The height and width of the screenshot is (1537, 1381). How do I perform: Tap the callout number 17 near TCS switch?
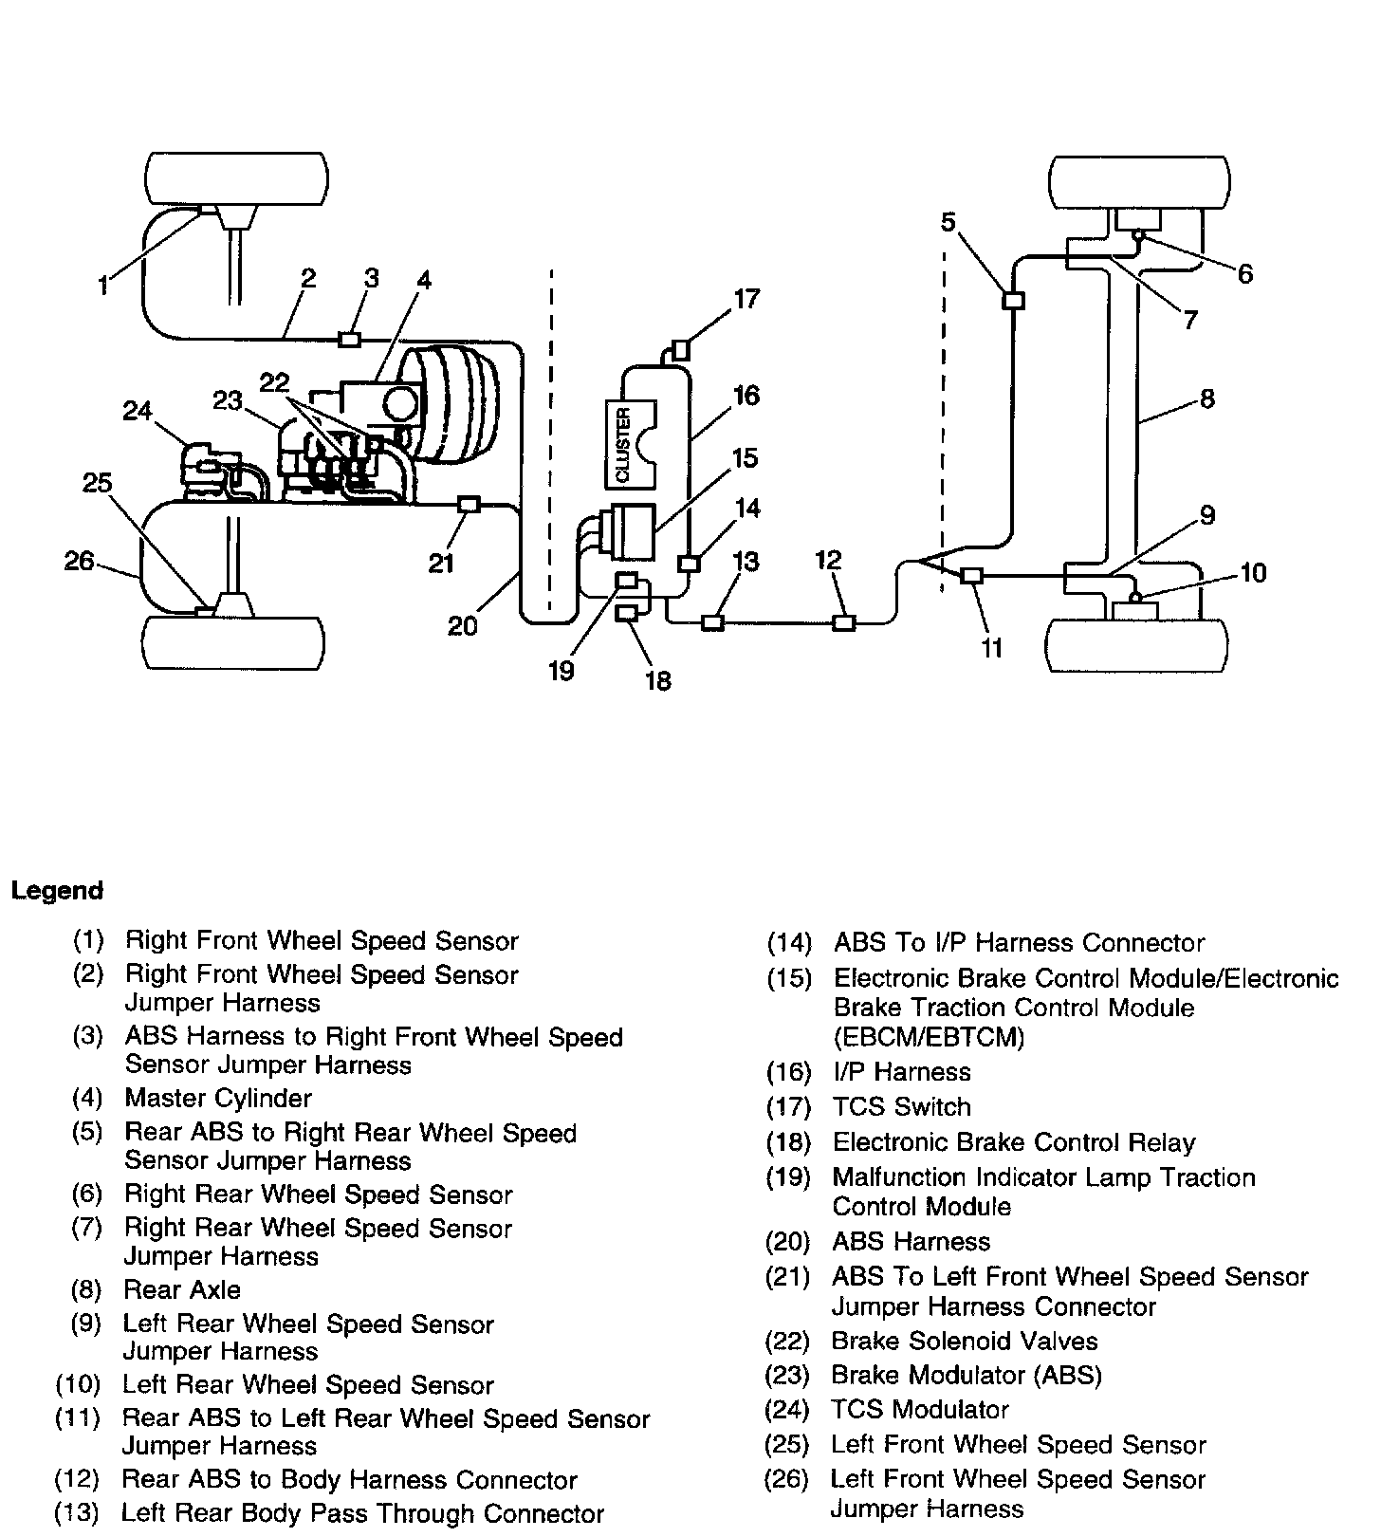746,299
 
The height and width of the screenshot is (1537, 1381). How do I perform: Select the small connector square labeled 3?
350,339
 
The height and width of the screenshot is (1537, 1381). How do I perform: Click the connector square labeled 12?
843,622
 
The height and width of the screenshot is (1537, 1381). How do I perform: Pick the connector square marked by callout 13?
711,622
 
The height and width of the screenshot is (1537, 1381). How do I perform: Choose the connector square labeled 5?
1013,301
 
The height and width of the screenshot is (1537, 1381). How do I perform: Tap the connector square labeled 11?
971,575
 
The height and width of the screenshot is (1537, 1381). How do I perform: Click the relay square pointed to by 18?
627,613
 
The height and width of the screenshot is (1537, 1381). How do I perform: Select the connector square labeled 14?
690,563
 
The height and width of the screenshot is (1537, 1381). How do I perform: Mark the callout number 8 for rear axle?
1206,398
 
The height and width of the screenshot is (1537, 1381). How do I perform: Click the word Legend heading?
57,891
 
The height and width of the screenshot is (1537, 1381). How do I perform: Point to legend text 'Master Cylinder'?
218,1099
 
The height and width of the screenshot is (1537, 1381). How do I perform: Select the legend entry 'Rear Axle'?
182,1290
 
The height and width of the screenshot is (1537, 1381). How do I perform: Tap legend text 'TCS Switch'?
902,1107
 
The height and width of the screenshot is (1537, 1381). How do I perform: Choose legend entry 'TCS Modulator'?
920,1410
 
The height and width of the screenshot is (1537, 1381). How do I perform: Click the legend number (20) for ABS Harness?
788,1242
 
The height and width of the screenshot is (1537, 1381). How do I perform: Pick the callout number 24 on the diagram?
138,412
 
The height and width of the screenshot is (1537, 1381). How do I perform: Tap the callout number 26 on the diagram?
79,562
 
